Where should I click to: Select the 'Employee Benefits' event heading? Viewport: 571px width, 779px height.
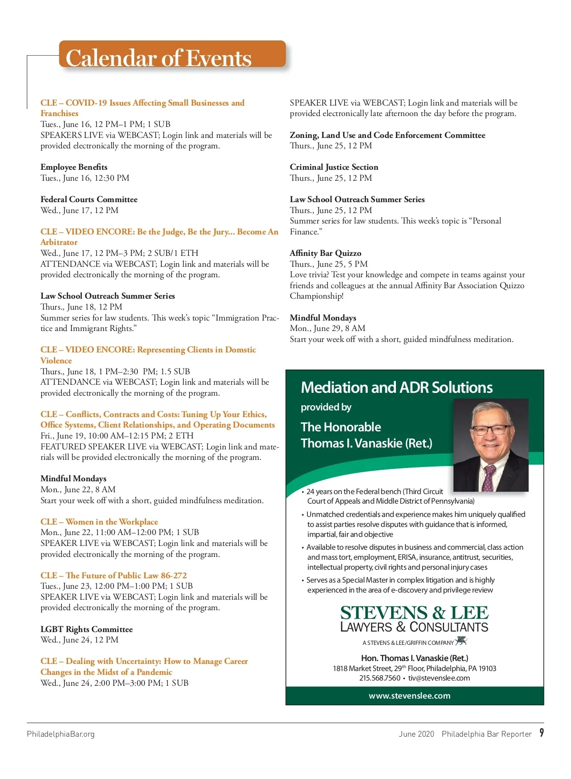coord(74,167)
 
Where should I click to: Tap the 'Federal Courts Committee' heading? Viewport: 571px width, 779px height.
coord(89,199)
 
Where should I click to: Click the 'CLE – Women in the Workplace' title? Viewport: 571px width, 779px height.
coord(99,522)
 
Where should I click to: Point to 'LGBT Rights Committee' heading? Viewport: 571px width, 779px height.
coord(87,629)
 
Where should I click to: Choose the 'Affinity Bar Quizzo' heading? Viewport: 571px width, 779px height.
coord(325,253)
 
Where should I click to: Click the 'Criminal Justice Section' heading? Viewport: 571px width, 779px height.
coord(334,167)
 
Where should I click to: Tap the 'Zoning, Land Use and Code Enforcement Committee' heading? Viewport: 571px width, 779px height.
coord(387,135)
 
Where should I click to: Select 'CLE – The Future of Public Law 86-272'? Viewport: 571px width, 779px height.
coord(114,575)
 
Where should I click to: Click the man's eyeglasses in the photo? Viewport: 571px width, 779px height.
coord(490,429)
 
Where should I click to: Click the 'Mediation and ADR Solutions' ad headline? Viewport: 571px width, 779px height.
coord(397,388)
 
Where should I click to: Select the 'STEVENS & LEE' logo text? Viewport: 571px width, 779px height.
coord(414,613)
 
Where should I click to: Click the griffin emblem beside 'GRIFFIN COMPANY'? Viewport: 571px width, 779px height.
coord(461,642)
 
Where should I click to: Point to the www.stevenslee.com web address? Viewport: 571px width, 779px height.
coord(410,696)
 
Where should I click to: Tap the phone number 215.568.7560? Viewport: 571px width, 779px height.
coord(380,678)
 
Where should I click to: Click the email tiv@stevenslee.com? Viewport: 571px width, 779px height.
coord(439,678)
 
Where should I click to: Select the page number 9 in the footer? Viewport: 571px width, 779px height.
coord(541,733)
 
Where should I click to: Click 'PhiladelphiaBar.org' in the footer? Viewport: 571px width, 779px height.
coord(61,734)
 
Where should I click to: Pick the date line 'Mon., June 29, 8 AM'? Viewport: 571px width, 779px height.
coord(327,328)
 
